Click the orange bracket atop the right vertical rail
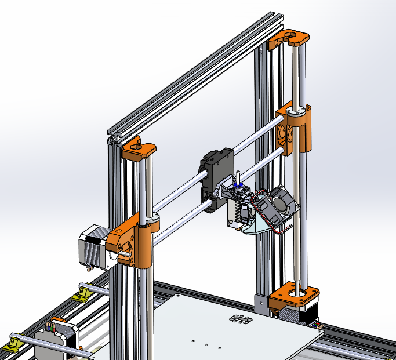288,38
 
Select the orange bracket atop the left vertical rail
139,150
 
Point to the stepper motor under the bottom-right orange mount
299,316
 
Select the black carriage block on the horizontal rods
216,174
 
